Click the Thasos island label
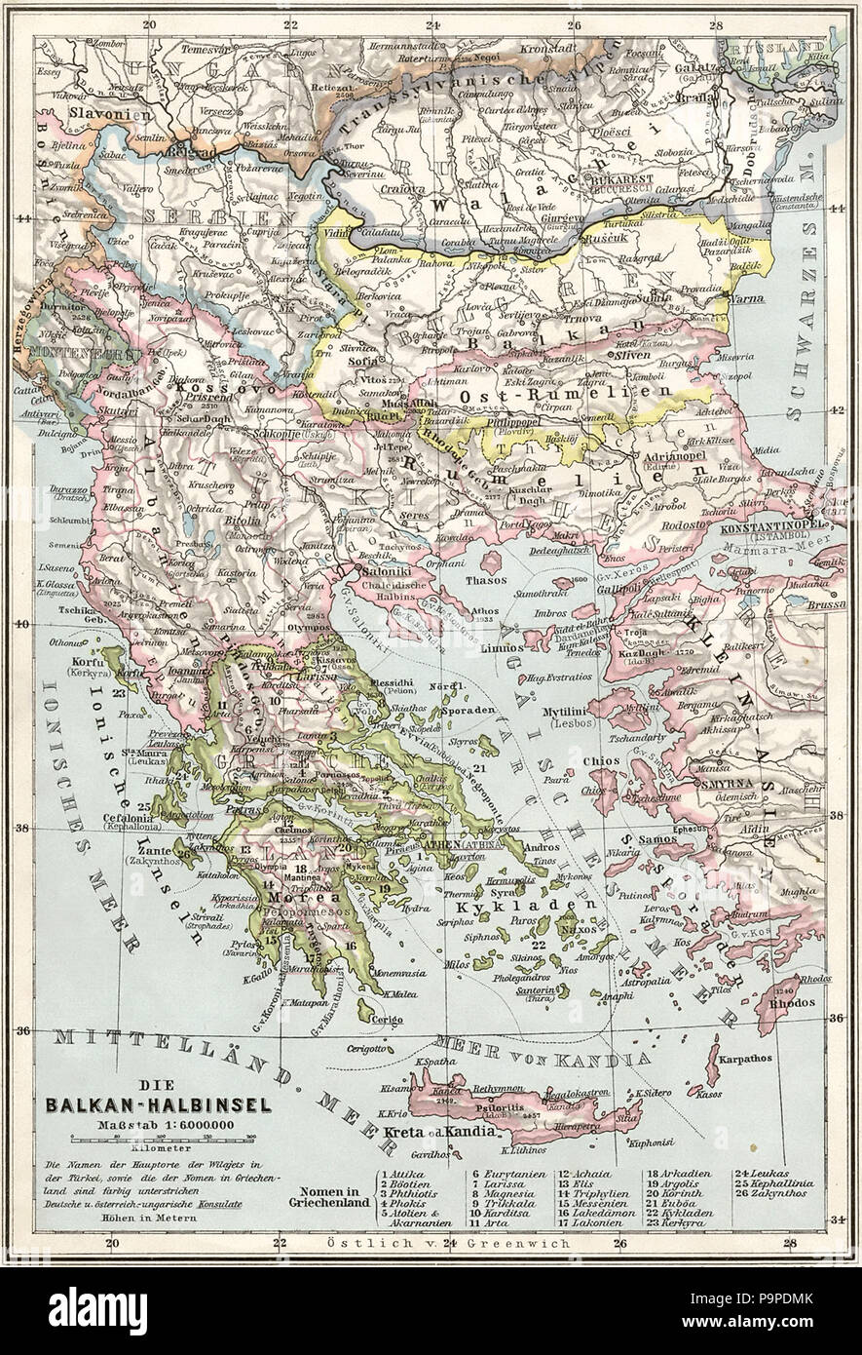(x=497, y=579)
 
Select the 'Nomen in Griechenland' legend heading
(x=326, y=1195)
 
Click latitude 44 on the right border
(x=838, y=208)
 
